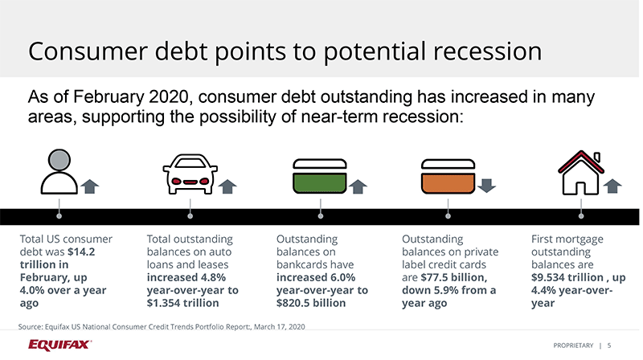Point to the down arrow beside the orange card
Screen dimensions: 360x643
pos(485,186)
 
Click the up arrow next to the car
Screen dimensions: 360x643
pos(227,186)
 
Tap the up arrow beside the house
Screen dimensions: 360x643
pos(614,186)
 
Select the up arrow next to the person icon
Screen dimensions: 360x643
pos(90,186)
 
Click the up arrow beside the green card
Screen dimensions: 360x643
pos(358,186)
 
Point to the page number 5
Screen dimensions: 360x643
pos(608,346)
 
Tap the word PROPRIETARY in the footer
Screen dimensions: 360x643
pos(573,346)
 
